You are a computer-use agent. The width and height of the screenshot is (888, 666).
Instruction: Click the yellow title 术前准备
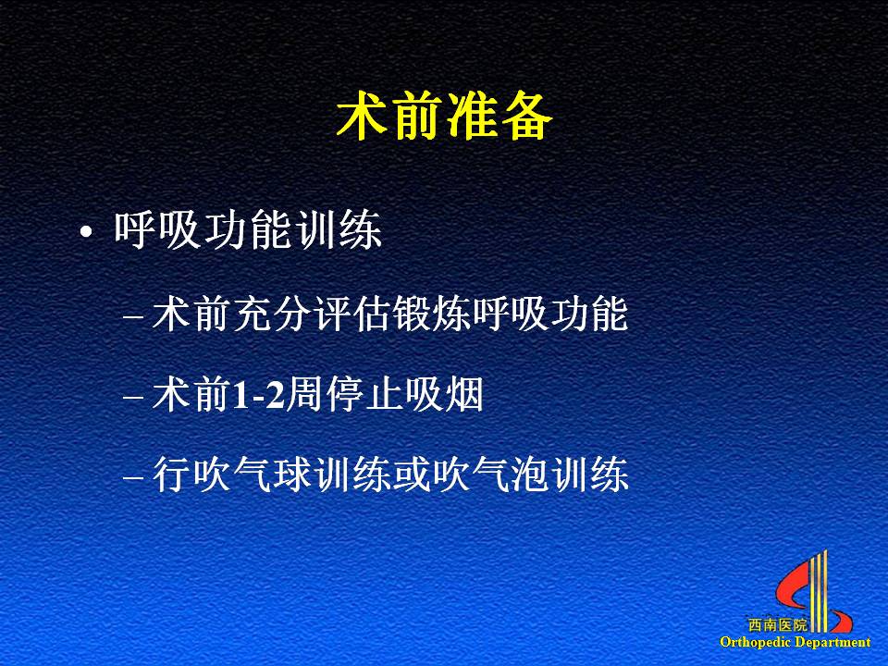[444, 117]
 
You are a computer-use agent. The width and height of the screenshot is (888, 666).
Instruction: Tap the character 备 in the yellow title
[526, 117]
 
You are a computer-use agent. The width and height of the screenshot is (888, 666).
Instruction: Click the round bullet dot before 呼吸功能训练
[86, 231]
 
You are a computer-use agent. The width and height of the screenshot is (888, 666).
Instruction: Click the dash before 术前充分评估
[133, 317]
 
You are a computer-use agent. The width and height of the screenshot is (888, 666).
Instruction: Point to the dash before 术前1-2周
[133, 397]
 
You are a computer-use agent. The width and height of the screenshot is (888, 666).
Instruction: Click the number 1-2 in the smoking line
[258, 395]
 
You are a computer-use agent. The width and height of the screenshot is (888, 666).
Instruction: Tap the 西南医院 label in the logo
[777, 625]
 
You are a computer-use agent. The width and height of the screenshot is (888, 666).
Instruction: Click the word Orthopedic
[755, 642]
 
